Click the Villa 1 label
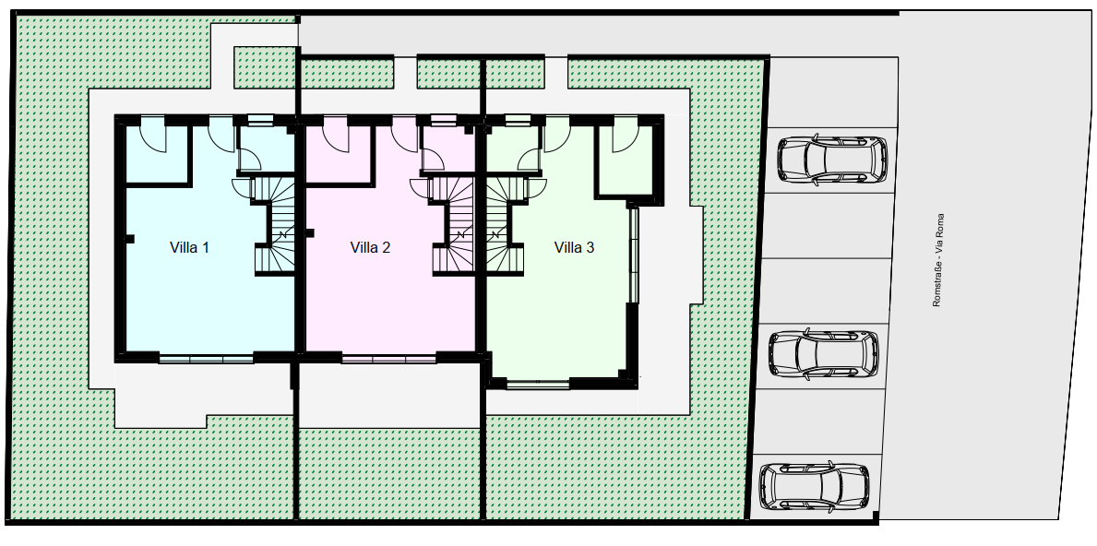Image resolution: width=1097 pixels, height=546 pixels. (x=189, y=247)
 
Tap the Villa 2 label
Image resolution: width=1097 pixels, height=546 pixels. (x=370, y=247)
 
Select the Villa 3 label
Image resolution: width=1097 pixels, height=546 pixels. (x=575, y=247)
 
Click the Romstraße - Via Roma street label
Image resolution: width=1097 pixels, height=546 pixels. (x=938, y=260)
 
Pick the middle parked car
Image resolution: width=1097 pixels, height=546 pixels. (x=824, y=354)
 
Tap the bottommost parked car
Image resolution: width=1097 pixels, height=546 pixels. (x=815, y=486)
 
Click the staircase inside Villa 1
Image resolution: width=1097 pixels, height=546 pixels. (x=275, y=225)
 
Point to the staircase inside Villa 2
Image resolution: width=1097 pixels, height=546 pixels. (x=453, y=225)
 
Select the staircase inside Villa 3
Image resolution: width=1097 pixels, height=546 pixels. (x=506, y=225)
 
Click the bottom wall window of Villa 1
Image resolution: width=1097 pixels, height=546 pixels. (x=206, y=360)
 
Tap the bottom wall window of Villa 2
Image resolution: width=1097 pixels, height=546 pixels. (x=389, y=360)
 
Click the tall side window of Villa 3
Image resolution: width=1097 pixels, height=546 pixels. (x=634, y=255)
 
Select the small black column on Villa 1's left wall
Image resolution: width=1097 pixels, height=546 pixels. (x=129, y=239)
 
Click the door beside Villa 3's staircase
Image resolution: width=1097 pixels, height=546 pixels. (x=537, y=187)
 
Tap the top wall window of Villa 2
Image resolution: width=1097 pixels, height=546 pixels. (x=441, y=120)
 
